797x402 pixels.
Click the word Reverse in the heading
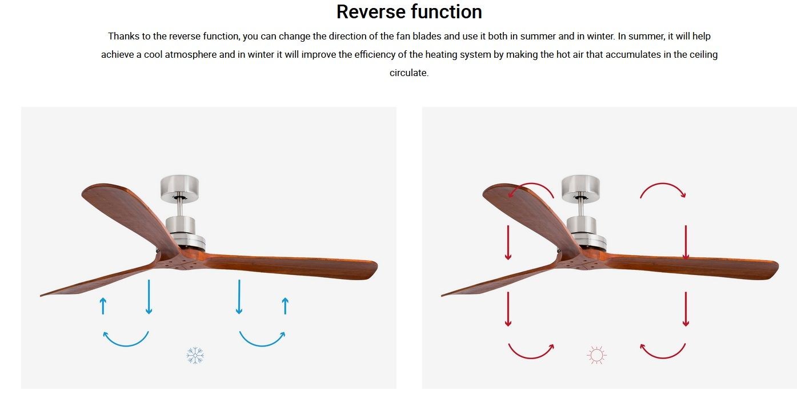[x=370, y=12]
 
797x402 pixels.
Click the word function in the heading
[x=447, y=12]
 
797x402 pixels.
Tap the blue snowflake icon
[x=195, y=355]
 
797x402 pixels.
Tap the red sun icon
[x=596, y=355]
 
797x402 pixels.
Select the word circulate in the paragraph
[x=408, y=73]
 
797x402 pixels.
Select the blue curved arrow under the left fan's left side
[x=126, y=345]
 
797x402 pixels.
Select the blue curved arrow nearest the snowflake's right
[x=262, y=345]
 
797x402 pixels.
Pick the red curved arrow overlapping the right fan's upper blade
[x=531, y=184]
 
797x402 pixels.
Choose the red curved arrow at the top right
[x=663, y=184]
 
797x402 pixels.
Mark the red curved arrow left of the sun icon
[x=531, y=357]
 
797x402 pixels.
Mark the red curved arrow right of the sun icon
[x=663, y=357]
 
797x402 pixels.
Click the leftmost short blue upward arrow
[x=103, y=306]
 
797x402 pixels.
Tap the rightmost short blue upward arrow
[x=285, y=306]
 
